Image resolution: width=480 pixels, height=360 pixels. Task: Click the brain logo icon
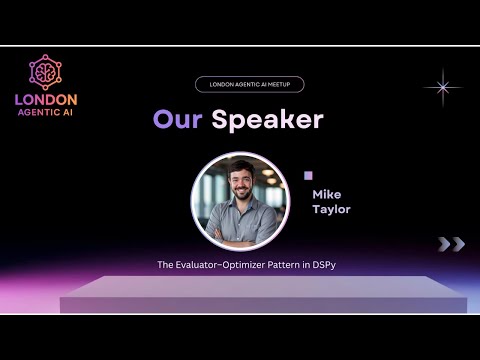tap(46, 72)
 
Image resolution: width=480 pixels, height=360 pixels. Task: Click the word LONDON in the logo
tap(46, 100)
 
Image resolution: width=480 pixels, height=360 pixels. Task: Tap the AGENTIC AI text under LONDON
tap(46, 112)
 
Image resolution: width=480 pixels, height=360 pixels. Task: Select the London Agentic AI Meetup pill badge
tap(250, 85)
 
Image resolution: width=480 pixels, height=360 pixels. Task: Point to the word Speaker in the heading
tap(267, 120)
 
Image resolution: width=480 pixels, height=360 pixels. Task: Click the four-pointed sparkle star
tap(441, 87)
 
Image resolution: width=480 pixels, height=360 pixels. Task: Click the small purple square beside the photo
tap(308, 175)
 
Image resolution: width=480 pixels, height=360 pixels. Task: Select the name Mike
tap(326, 194)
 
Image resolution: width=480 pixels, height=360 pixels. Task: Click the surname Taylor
tap(330, 210)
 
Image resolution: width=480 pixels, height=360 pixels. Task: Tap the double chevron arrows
tap(451, 244)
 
